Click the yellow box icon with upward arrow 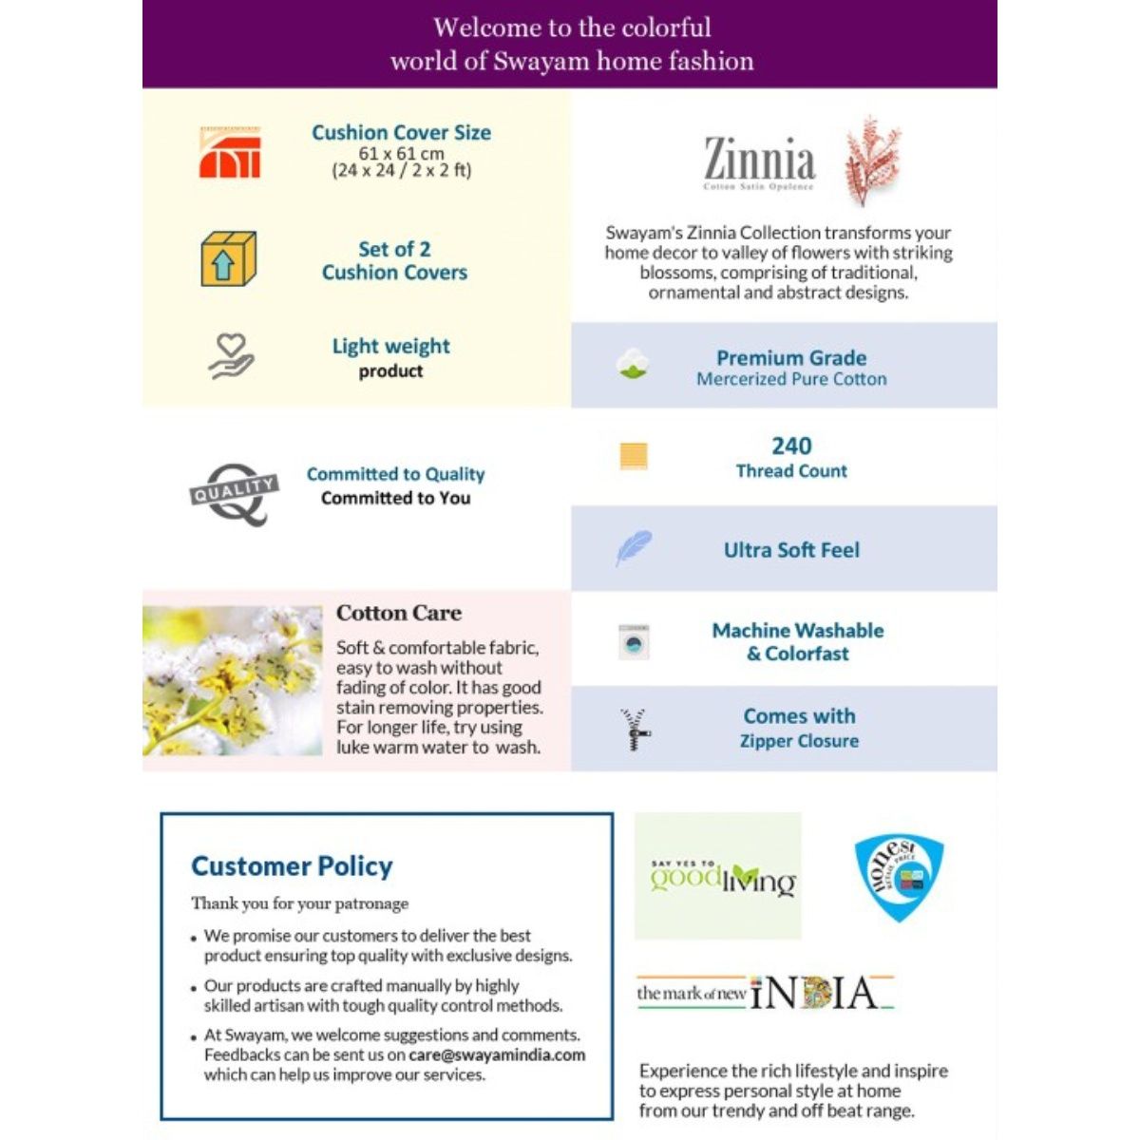tap(228, 259)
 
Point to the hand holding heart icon tap(231, 356)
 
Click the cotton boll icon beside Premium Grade tap(632, 365)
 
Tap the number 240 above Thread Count tap(791, 446)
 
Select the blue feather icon tap(633, 548)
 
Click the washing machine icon tap(634, 642)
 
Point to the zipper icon tap(634, 729)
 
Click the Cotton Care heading tap(399, 613)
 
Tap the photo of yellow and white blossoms tap(233, 681)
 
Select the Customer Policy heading tap(292, 865)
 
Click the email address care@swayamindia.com tap(497, 1054)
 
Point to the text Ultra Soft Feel tap(791, 550)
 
